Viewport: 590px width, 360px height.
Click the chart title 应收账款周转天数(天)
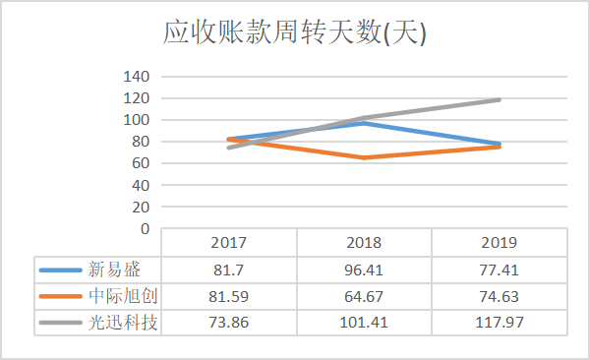click(x=294, y=34)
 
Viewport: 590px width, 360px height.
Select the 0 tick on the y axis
click(x=143, y=228)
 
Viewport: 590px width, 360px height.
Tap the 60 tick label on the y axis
click(x=140, y=163)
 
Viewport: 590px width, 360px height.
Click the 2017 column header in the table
click(x=228, y=242)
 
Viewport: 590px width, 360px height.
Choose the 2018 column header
click(x=364, y=242)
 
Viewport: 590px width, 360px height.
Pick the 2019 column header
click(x=499, y=242)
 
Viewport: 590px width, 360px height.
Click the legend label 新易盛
click(x=110, y=269)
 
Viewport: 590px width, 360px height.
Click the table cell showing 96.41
click(x=364, y=269)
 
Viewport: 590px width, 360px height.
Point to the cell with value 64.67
click(x=364, y=295)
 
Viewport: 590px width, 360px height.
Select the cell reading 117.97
click(x=499, y=322)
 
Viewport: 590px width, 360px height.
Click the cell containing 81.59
click(x=228, y=295)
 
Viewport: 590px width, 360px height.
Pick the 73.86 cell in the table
click(x=228, y=322)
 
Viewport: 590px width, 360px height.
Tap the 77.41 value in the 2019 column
click(x=499, y=269)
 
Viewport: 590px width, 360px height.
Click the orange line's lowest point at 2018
click(x=364, y=157)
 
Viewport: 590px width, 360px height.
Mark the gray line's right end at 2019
click(x=500, y=99)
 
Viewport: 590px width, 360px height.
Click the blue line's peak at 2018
click(x=364, y=123)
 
